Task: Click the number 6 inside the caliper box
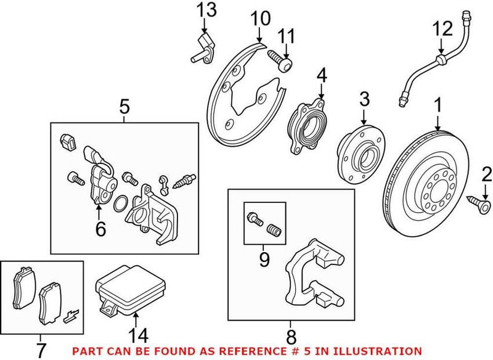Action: [100, 229]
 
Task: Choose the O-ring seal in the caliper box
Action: [122, 203]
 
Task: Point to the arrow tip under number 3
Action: [364, 123]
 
